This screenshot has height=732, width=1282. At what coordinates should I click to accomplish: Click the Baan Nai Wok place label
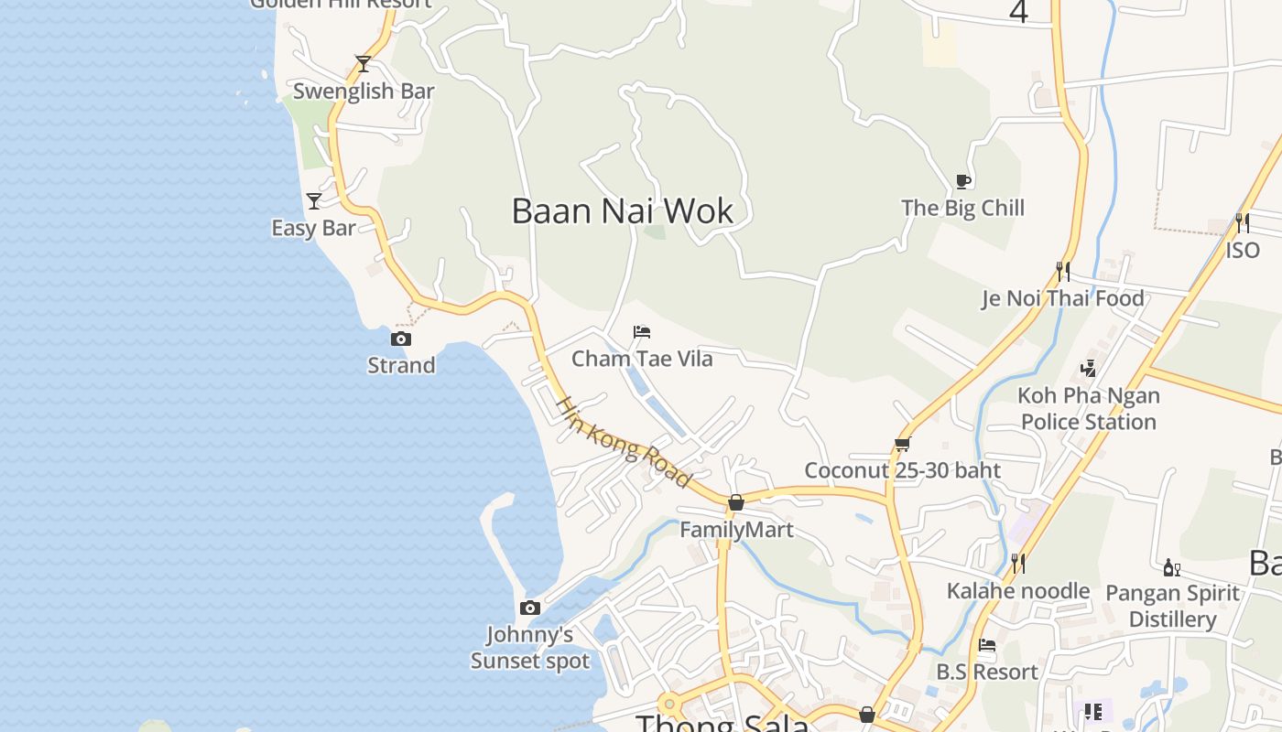pyautogui.click(x=623, y=211)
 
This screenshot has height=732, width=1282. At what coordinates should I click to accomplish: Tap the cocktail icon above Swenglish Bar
pyautogui.click(x=364, y=64)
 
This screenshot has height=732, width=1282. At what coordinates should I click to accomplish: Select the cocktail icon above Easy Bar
pyautogui.click(x=314, y=200)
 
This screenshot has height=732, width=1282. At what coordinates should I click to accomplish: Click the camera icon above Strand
pyautogui.click(x=400, y=339)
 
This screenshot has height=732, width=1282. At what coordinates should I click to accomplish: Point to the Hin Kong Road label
pyautogui.click(x=623, y=442)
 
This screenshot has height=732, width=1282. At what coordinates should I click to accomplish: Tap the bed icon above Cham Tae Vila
pyautogui.click(x=642, y=331)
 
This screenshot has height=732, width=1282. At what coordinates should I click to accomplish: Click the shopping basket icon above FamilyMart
pyautogui.click(x=736, y=502)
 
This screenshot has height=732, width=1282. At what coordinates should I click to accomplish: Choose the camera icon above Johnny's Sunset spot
pyautogui.click(x=529, y=608)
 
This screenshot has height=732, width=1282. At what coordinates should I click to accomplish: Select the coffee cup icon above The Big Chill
pyautogui.click(x=962, y=181)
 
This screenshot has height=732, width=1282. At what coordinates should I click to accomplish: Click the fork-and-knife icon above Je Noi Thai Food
pyautogui.click(x=1062, y=271)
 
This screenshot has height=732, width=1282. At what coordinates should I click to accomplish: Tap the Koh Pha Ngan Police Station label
pyautogui.click(x=1089, y=409)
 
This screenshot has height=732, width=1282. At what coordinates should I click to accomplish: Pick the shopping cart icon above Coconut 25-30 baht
pyautogui.click(x=903, y=445)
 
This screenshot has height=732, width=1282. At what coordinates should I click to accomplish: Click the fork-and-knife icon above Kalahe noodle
pyautogui.click(x=1017, y=563)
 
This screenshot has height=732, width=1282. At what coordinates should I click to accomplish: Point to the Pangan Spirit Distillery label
pyautogui.click(x=1172, y=606)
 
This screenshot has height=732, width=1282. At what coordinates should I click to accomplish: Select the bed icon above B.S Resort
pyautogui.click(x=987, y=645)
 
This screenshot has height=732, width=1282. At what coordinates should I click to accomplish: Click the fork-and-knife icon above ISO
pyautogui.click(x=1242, y=222)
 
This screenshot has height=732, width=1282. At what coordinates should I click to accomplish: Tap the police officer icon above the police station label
pyautogui.click(x=1089, y=369)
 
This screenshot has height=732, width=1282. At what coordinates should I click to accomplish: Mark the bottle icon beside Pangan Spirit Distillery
pyautogui.click(x=1171, y=568)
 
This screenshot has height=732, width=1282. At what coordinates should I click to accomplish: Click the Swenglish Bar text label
pyautogui.click(x=364, y=91)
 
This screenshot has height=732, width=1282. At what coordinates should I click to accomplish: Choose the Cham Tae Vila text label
pyautogui.click(x=642, y=359)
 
